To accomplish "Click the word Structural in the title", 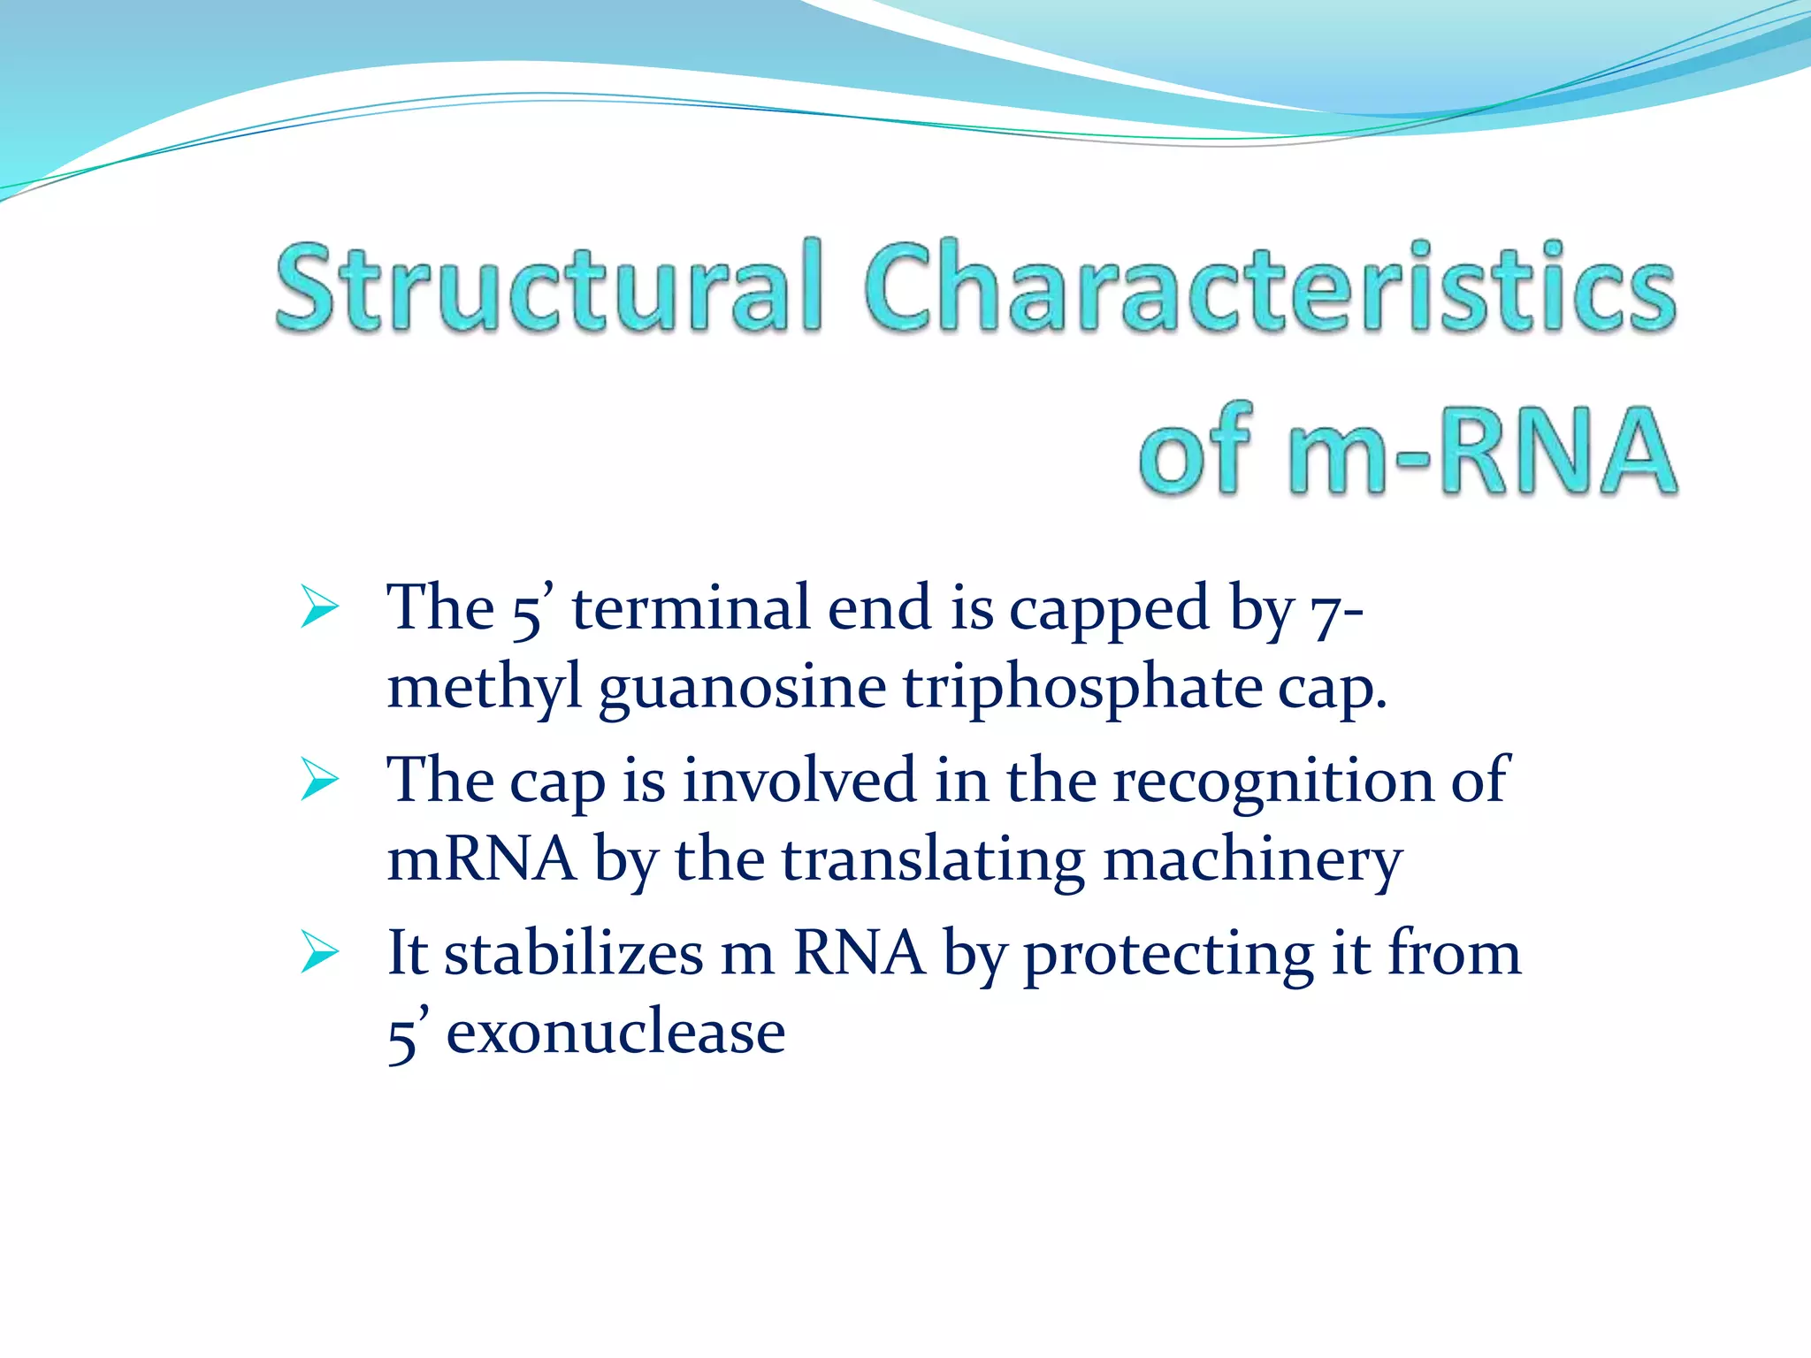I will coord(548,287).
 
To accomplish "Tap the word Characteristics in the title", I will coord(1269,287).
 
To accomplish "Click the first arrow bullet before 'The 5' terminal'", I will coord(319,607).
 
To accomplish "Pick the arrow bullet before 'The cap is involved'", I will coord(319,780).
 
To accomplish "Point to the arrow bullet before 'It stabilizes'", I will coord(319,952).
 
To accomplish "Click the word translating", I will coord(933,861).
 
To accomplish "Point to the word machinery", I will coord(1252,861).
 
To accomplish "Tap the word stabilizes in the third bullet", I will coord(573,953).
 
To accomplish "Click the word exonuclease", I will coord(615,1033).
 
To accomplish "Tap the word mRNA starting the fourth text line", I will coord(482,859).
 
